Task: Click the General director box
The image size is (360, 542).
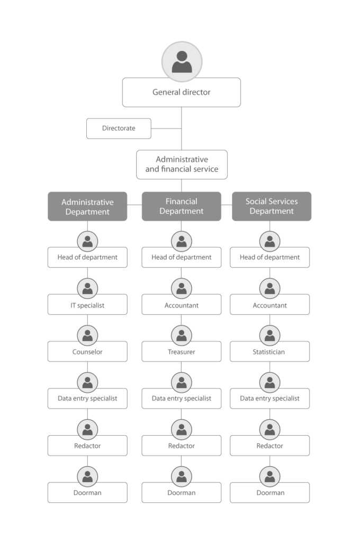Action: pyautogui.click(x=181, y=92)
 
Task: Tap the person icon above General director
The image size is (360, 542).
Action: pyautogui.click(x=182, y=62)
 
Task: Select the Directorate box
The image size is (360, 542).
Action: pyautogui.click(x=119, y=129)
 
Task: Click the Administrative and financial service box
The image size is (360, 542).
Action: pyautogui.click(x=182, y=165)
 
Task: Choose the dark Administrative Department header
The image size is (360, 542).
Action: pyautogui.click(x=87, y=206)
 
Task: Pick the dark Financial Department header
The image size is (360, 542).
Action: pyautogui.click(x=182, y=206)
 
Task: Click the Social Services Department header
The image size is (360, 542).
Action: pyautogui.click(x=272, y=206)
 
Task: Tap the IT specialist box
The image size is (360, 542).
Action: pyautogui.click(x=87, y=304)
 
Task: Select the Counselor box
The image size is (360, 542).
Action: pyautogui.click(x=87, y=351)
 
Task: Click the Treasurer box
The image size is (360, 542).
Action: pyautogui.click(x=182, y=351)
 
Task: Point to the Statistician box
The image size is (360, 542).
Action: pyautogui.click(x=270, y=351)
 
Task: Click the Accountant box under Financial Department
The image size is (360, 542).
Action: pyautogui.click(x=182, y=304)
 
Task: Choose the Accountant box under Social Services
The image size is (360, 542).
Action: pyautogui.click(x=270, y=304)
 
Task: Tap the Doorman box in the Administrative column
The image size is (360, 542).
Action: pyautogui.click(x=87, y=493)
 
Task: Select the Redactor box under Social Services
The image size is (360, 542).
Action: pyautogui.click(x=270, y=446)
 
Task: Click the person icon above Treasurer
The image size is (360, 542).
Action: pyautogui.click(x=182, y=335)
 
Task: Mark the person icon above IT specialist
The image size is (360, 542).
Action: pyautogui.click(x=87, y=288)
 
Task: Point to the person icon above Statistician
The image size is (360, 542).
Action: pyautogui.click(x=270, y=335)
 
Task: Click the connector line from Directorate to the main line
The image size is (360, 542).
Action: pyautogui.click(x=166, y=129)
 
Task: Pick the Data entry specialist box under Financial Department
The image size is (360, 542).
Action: pyautogui.click(x=182, y=399)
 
